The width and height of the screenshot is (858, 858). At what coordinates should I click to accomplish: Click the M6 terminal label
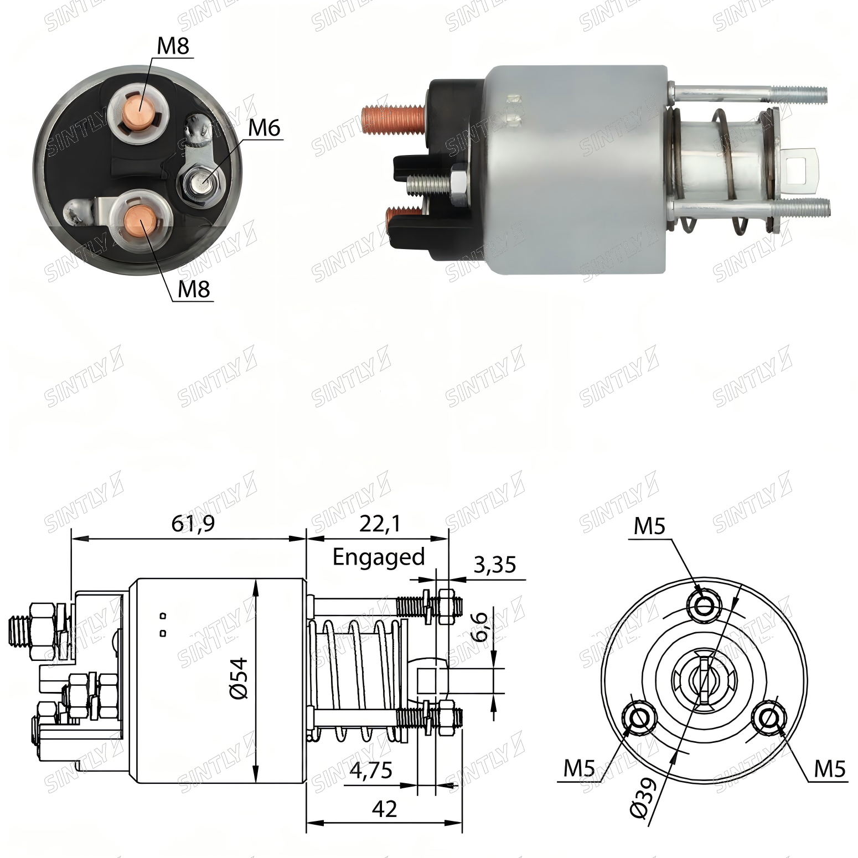click(264, 128)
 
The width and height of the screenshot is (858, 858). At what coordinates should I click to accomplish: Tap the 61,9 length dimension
click(193, 523)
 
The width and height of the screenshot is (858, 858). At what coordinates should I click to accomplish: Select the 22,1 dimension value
click(380, 523)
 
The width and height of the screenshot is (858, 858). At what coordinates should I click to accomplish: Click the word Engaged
click(379, 556)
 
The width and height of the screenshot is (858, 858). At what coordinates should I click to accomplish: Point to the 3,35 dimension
click(494, 565)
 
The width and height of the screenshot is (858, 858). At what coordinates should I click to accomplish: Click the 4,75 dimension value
click(371, 770)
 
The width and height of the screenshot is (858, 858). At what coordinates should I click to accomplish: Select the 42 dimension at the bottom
click(384, 809)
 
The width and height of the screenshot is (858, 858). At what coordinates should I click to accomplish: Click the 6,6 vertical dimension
click(479, 626)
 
